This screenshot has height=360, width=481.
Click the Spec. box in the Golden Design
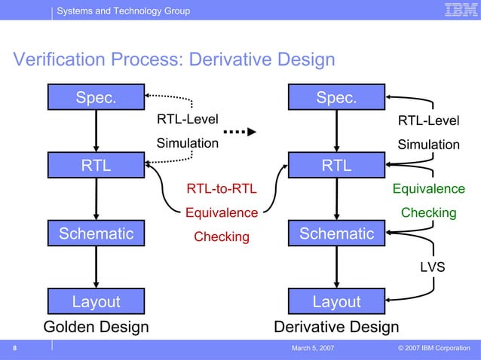(96, 98)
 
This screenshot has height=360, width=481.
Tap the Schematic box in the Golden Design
(96, 234)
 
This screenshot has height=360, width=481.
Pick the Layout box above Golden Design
(96, 302)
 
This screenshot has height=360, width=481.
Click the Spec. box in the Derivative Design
(336, 98)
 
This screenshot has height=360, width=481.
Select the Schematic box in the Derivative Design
(336, 234)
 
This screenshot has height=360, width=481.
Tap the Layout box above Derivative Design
(336, 302)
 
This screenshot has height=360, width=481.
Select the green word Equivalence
(428, 188)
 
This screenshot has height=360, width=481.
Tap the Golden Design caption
(96, 328)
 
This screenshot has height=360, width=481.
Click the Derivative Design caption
(336, 328)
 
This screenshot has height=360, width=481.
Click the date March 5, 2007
(313, 348)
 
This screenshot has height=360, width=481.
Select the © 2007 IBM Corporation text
(433, 348)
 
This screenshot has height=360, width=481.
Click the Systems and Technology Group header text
(124, 11)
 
